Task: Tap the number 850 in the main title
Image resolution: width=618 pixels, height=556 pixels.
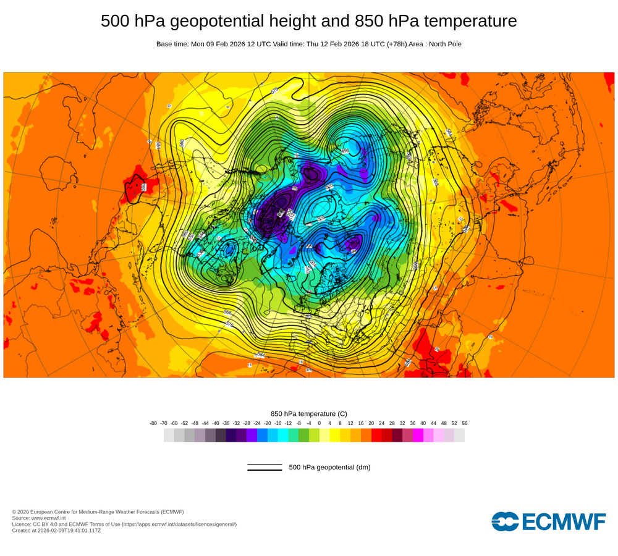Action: click(x=368, y=21)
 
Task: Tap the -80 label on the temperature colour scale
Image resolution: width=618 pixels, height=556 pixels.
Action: click(x=153, y=423)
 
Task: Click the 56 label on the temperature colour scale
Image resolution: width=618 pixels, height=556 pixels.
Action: click(x=464, y=423)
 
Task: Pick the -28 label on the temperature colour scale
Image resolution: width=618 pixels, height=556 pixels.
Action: click(x=247, y=423)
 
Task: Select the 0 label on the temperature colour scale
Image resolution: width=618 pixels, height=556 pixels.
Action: click(x=320, y=423)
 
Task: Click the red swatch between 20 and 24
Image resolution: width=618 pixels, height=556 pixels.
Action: click(x=376, y=436)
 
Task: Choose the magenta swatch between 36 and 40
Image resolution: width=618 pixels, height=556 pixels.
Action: click(x=418, y=436)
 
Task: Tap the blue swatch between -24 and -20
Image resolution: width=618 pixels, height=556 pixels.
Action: click(x=262, y=436)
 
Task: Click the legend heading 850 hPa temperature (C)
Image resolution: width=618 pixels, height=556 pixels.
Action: click(x=309, y=413)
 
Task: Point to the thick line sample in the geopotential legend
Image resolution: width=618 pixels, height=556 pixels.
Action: click(x=265, y=470)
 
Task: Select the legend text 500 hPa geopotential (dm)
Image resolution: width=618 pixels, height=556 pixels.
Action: click(x=329, y=467)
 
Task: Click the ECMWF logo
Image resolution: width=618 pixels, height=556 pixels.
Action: click(x=548, y=521)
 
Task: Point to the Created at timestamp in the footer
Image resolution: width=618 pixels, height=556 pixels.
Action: click(x=56, y=530)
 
